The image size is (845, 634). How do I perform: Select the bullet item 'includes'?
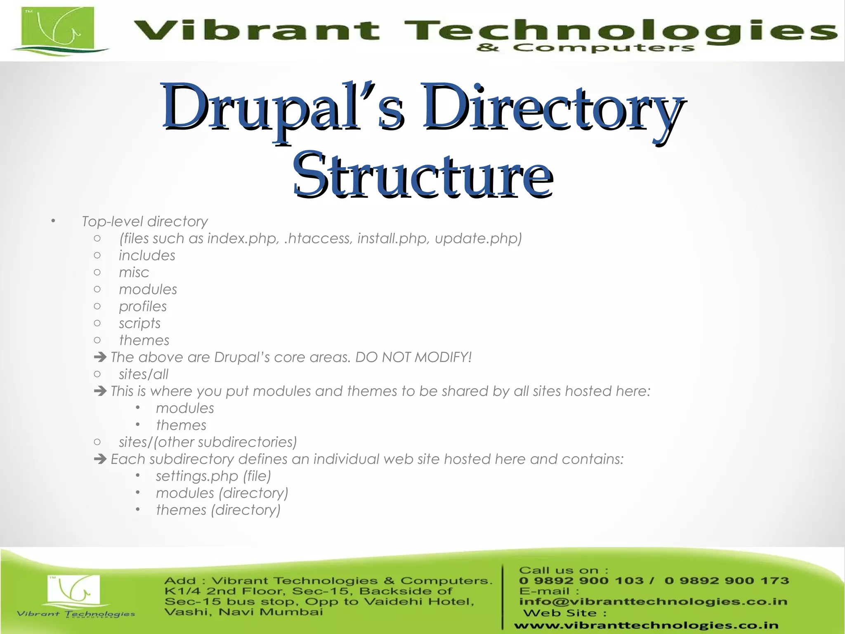[x=147, y=255]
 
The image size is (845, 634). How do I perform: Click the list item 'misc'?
[x=134, y=272]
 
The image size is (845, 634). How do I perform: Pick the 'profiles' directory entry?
[x=143, y=306]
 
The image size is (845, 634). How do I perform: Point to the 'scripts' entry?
[x=139, y=323]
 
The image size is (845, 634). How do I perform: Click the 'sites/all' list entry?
[x=144, y=374]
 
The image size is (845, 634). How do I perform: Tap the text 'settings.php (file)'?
[x=213, y=476]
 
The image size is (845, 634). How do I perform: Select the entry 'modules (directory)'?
[x=222, y=493]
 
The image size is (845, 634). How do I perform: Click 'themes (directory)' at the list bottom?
[x=218, y=510]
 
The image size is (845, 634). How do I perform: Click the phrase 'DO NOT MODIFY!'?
[x=413, y=357]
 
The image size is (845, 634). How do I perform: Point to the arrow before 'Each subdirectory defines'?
[x=100, y=459]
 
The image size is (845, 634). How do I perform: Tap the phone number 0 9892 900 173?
[x=727, y=581]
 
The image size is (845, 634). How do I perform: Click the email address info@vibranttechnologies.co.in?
[x=653, y=602]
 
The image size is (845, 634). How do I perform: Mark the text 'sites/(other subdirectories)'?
[x=208, y=442]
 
